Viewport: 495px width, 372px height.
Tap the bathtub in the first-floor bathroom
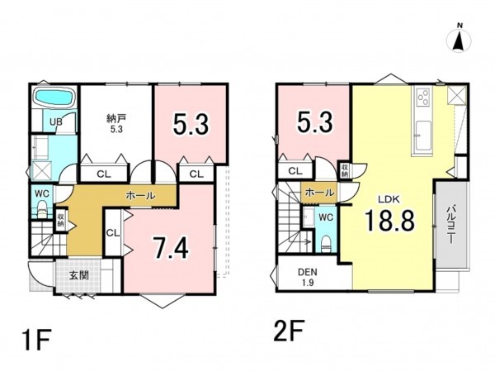pyautogui.click(x=54, y=96)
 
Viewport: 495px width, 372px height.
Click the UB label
pyautogui.click(x=56, y=122)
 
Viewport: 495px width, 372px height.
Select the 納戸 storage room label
pyautogui.click(x=116, y=119)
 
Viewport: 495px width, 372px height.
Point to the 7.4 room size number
pyautogui.click(x=171, y=248)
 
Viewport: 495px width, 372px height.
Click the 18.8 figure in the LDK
pyautogui.click(x=389, y=221)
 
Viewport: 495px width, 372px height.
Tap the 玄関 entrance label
pyautogui.click(x=78, y=275)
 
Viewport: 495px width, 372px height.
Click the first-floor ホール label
pyautogui.click(x=140, y=196)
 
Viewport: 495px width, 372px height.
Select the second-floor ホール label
pyautogui.click(x=319, y=193)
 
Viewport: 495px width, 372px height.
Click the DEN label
pyautogui.click(x=308, y=272)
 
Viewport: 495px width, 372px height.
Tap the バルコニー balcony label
pyautogui.click(x=452, y=225)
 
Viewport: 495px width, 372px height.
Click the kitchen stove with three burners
pyautogui.click(x=423, y=97)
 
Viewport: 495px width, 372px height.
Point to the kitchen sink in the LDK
pyautogui.click(x=422, y=136)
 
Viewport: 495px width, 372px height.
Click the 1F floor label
pyautogui.click(x=36, y=340)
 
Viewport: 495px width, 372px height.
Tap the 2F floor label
pyautogui.click(x=289, y=331)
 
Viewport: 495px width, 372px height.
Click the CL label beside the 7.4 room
pyautogui.click(x=113, y=233)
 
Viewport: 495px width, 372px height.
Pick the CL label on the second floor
pyautogui.click(x=295, y=171)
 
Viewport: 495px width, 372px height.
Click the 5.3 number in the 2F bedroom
pyautogui.click(x=314, y=122)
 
